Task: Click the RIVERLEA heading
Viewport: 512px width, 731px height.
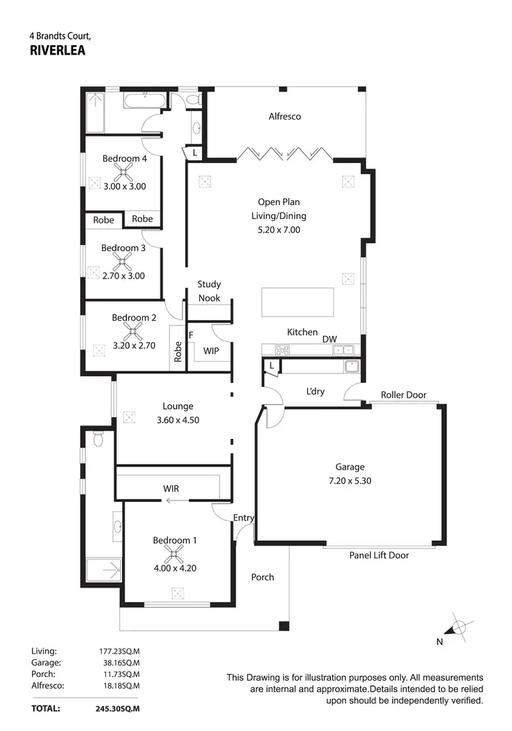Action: (58, 49)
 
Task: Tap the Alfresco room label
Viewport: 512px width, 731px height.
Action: (285, 117)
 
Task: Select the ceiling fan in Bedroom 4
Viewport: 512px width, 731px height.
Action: (125, 173)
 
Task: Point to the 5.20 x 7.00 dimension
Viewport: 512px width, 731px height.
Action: (279, 230)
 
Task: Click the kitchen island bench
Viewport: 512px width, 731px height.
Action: (298, 302)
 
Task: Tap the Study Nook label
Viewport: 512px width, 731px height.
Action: (209, 291)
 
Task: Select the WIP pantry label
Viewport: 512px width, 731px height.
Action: (212, 351)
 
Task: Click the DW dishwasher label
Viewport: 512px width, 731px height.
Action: (330, 339)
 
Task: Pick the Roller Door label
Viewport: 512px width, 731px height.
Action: (403, 395)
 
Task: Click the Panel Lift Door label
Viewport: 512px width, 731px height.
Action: (379, 556)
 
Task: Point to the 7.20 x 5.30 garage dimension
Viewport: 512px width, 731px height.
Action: (350, 481)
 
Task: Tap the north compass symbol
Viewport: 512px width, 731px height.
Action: (459, 627)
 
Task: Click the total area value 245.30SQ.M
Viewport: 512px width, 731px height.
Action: (117, 708)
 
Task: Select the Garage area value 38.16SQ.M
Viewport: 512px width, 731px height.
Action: (119, 662)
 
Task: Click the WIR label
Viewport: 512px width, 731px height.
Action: (171, 489)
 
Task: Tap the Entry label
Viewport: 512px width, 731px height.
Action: (244, 518)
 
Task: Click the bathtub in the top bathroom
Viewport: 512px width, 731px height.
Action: (144, 102)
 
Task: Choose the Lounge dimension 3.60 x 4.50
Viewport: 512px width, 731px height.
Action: (177, 420)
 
